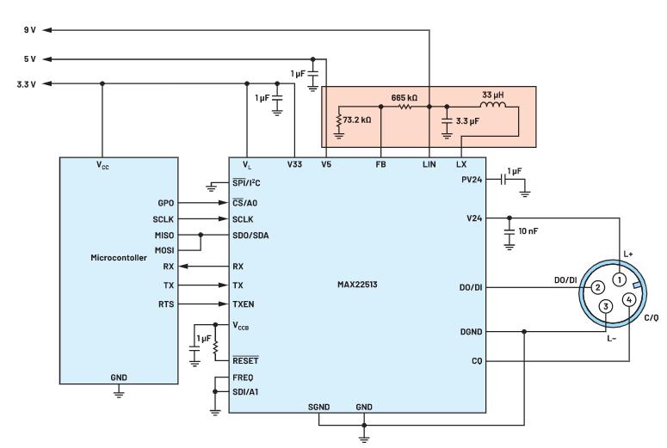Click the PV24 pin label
coord(472,179)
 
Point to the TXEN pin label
coord(244,304)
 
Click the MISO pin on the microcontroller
coord(164,234)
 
